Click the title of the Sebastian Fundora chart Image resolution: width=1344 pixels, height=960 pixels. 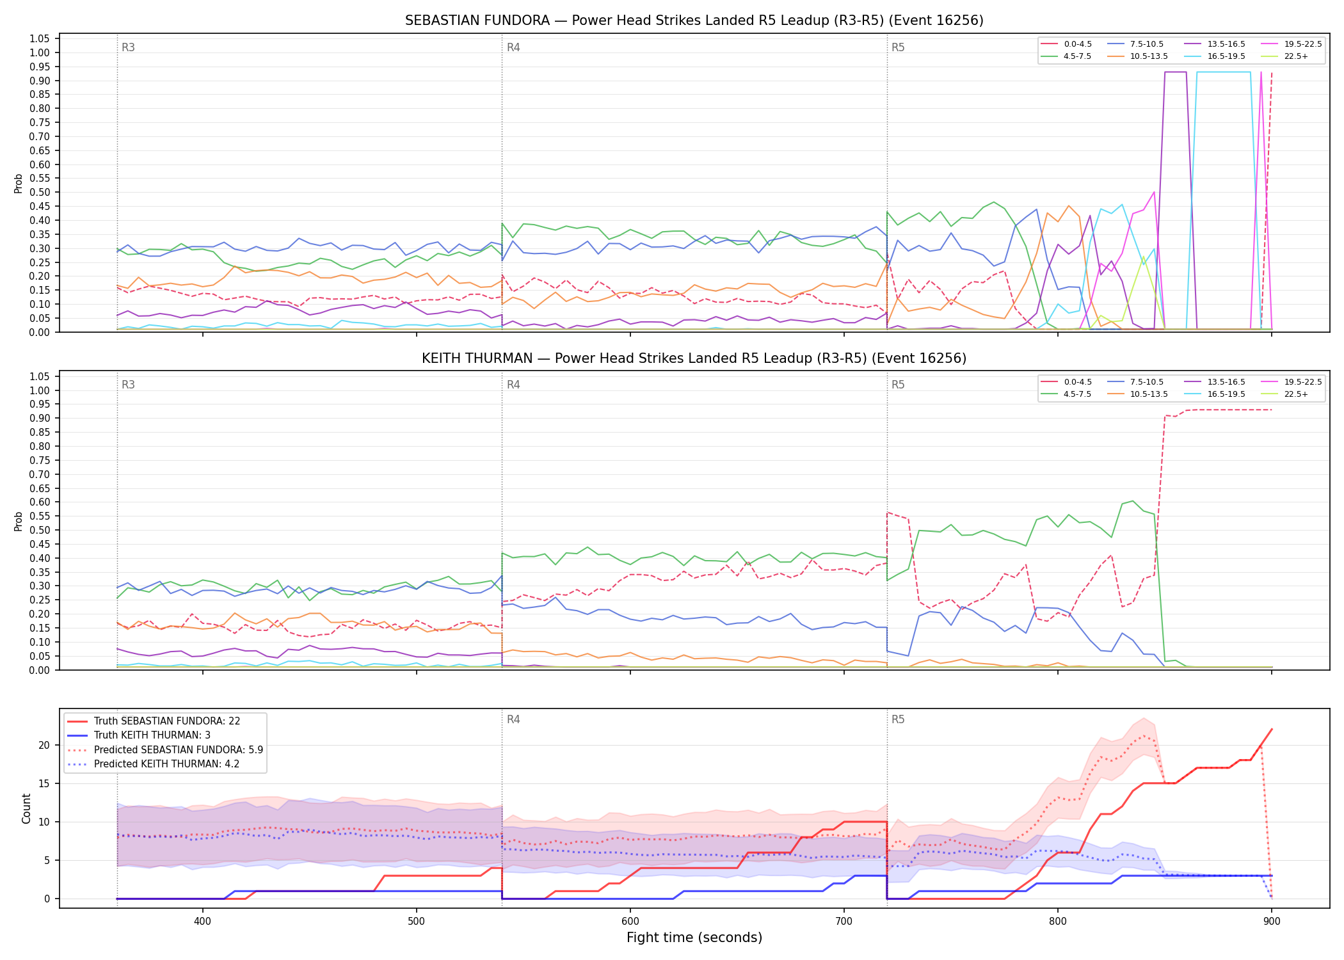point(694,20)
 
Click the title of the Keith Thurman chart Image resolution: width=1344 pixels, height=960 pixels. point(694,358)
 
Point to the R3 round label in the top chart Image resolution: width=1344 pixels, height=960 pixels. point(128,47)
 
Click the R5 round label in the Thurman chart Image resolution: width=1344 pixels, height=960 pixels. point(898,385)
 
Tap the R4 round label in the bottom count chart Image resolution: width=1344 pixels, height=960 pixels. point(513,719)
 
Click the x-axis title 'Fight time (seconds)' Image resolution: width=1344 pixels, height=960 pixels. point(694,938)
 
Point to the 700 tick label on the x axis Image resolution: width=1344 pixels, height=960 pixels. point(844,916)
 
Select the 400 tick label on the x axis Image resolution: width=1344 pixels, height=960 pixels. point(203,916)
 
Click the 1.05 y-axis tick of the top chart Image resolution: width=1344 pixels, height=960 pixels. point(40,39)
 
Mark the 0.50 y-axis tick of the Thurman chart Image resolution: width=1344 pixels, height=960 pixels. point(40,530)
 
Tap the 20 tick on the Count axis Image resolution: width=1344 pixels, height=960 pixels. point(44,745)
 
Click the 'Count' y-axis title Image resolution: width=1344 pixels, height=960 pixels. point(26,808)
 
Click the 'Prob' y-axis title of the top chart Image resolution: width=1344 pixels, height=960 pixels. point(19,183)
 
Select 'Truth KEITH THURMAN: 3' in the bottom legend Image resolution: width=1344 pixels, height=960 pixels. point(152,735)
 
